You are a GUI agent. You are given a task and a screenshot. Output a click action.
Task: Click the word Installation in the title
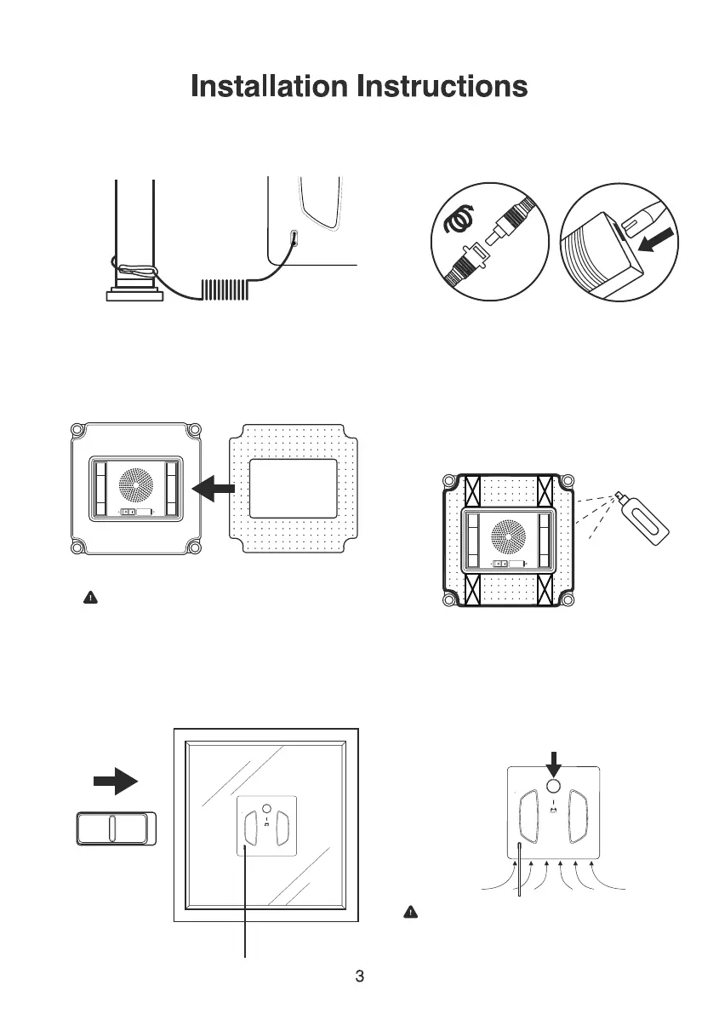pos(271,86)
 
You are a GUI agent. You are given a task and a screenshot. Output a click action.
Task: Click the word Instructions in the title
pos(442,86)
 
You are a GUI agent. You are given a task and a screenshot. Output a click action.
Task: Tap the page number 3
pos(359,976)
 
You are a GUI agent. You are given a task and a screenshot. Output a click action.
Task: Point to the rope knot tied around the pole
pos(134,271)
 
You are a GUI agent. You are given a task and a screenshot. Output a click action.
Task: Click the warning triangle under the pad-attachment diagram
pos(88,598)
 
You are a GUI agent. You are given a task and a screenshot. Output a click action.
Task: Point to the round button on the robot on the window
pos(265,808)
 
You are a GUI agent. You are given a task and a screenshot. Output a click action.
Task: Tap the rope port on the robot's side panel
pos(294,239)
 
